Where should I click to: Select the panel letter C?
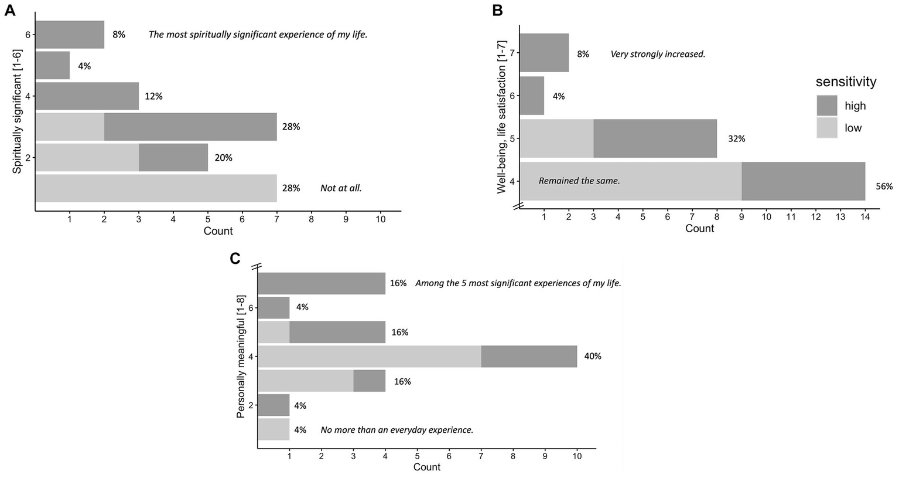point(235,259)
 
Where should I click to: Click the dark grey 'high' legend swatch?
point(827,106)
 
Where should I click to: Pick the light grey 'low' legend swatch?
point(827,128)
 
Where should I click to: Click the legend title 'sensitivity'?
point(846,82)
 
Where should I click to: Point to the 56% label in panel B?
point(884,187)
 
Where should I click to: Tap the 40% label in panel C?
point(593,356)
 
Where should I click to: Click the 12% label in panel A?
point(153,96)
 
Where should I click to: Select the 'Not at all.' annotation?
point(341,188)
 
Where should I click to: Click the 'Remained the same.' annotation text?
point(579,181)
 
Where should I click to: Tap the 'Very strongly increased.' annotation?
point(658,54)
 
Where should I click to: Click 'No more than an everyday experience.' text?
point(396,430)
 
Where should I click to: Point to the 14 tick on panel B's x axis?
point(865,217)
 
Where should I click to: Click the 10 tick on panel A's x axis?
point(380,219)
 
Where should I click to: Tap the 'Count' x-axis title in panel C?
point(426,467)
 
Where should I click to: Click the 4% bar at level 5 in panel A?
point(53,66)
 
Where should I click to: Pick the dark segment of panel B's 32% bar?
point(655,138)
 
